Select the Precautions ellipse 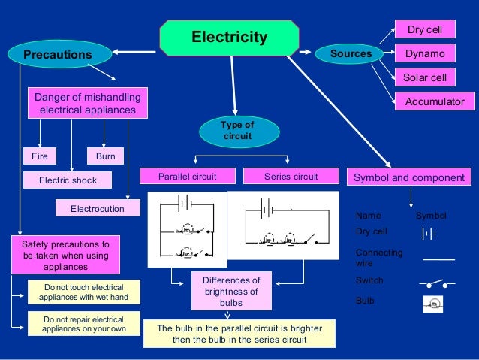pos(57,54)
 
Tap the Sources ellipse pos(351,53)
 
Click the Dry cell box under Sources pos(425,30)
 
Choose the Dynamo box pos(425,54)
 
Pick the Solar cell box pos(425,77)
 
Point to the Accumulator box pos(435,101)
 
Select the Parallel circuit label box pos(187,177)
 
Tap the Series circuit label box pos(291,177)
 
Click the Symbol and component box pos(409,177)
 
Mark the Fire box pos(39,157)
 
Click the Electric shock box pos(68,180)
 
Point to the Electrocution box pos(98,208)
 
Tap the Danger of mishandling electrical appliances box pos(87,103)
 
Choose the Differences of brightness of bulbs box pos(231,291)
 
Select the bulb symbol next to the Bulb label pos(432,303)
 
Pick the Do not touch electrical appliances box pos(83,292)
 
